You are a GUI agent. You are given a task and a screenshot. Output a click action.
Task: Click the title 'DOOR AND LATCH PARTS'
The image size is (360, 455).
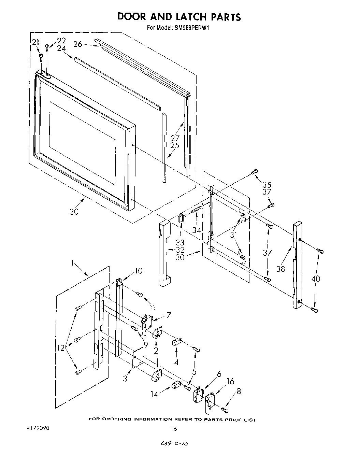pos(179,17)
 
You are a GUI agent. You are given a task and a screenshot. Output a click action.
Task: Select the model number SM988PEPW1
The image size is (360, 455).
pos(192,28)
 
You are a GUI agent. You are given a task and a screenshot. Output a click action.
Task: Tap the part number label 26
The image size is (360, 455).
pos(78,44)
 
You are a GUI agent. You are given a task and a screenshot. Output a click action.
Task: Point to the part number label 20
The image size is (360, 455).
pos(74,211)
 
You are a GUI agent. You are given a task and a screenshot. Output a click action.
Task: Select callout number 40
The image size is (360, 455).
pos(316,279)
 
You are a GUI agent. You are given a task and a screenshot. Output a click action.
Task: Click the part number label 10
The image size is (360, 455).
pos(139,271)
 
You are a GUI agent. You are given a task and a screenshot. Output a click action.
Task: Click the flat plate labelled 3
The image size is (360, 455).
pos(138,357)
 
